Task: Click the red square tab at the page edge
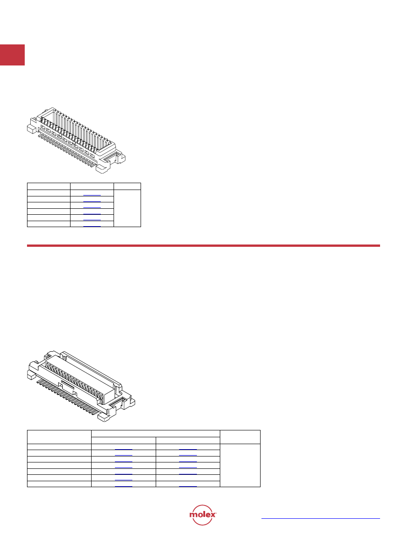(x=12, y=54)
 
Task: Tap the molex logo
(x=203, y=515)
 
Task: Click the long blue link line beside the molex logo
(x=321, y=518)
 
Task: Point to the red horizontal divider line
(x=203, y=245)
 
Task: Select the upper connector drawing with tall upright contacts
(x=76, y=140)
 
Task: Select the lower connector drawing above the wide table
(x=81, y=386)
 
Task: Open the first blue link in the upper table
(x=92, y=195)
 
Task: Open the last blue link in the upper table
(x=92, y=226)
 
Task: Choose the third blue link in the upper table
(x=92, y=207)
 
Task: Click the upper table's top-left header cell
(x=49, y=186)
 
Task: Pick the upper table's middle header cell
(x=92, y=186)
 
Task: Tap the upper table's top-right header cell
(x=127, y=186)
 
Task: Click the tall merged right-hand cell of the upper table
(x=127, y=208)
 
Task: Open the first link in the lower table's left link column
(x=124, y=449)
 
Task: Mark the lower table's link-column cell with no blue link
(x=188, y=478)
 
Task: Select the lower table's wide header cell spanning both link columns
(x=155, y=434)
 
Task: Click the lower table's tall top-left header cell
(x=60, y=437)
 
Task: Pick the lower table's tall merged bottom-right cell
(x=240, y=465)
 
